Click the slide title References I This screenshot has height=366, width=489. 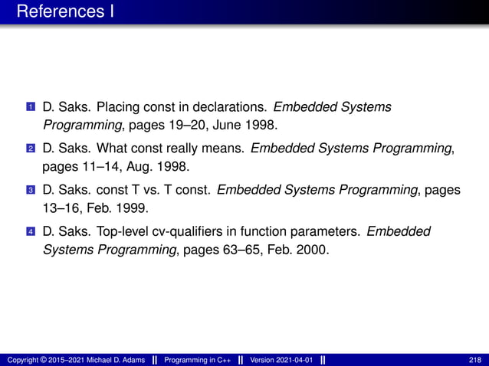[65, 11]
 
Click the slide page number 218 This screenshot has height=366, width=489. [474, 360]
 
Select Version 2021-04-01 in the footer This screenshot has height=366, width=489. [281, 360]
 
